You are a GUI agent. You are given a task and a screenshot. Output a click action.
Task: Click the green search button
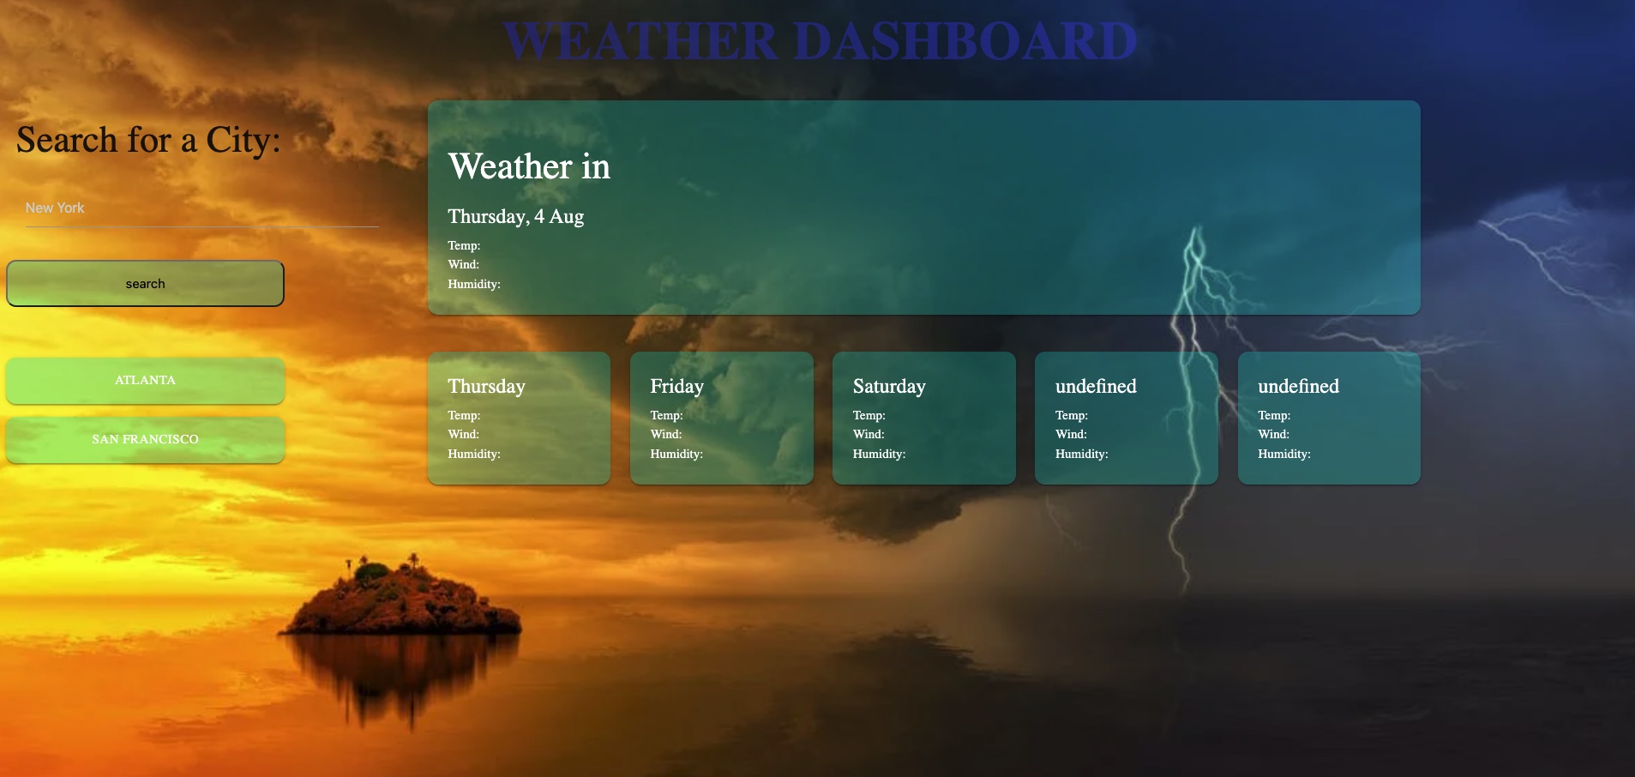click(145, 284)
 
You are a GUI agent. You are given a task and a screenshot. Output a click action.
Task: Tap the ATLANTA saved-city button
click(145, 380)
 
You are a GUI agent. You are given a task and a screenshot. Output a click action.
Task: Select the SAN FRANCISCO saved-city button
click(145, 439)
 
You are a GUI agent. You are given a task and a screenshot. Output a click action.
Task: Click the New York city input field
click(201, 208)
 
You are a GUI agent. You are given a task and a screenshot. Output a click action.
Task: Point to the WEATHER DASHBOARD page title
click(820, 41)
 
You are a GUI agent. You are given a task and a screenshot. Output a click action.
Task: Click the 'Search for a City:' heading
click(148, 140)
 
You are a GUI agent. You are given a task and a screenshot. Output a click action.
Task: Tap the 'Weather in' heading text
click(529, 166)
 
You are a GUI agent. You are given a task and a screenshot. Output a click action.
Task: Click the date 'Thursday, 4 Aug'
click(515, 216)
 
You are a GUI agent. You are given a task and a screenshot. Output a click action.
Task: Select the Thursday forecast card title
click(486, 387)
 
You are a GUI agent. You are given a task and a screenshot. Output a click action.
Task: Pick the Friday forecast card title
click(676, 387)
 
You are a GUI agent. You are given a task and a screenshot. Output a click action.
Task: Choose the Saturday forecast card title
click(889, 387)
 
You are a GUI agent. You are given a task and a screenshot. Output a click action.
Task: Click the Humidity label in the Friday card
click(676, 454)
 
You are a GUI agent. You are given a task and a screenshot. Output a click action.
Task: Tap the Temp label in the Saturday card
click(869, 415)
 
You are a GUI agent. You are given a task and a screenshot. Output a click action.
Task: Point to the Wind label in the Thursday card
click(463, 434)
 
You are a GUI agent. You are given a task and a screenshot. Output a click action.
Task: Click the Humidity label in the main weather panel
click(473, 284)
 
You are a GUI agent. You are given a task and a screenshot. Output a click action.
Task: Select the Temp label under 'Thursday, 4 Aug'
click(464, 245)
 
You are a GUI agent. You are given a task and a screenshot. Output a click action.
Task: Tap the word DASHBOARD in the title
click(965, 41)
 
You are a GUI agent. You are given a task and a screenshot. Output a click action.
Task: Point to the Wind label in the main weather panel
click(463, 264)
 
